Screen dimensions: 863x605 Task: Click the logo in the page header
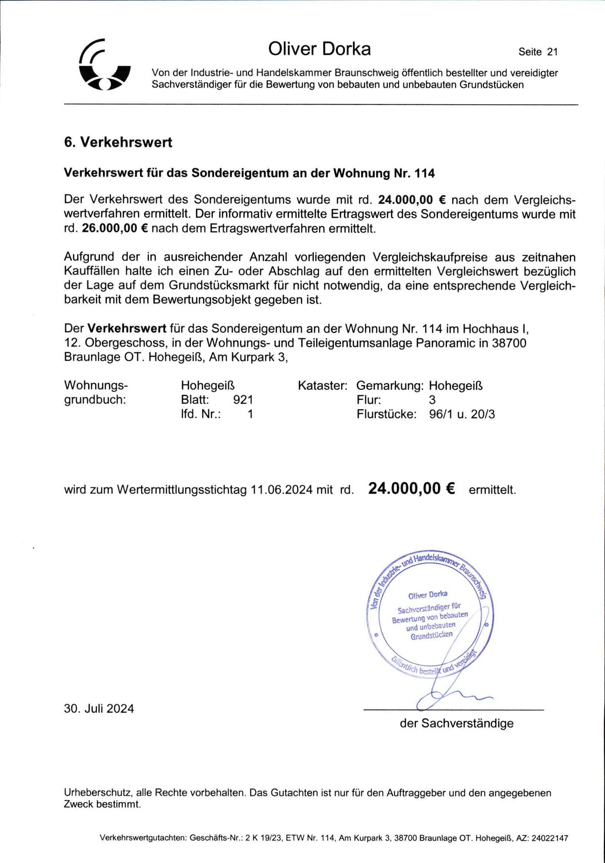[105, 64]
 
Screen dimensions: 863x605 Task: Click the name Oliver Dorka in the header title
[320, 49]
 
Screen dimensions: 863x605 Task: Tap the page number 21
[552, 52]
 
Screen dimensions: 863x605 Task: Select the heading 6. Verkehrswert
[118, 142]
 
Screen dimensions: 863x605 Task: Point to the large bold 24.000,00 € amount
[411, 488]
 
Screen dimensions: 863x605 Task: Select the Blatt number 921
[243, 400]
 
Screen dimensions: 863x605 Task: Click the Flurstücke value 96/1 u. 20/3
[462, 414]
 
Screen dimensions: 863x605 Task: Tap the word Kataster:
[322, 385]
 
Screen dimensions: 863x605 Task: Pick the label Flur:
[368, 400]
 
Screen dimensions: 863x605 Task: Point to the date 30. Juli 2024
[99, 708]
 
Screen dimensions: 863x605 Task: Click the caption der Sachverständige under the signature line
[456, 723]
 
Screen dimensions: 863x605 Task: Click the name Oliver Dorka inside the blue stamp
[428, 595]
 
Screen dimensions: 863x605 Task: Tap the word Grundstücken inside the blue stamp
[431, 636]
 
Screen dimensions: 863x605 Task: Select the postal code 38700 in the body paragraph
[509, 343]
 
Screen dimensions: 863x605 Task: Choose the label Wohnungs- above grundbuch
[96, 385]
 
